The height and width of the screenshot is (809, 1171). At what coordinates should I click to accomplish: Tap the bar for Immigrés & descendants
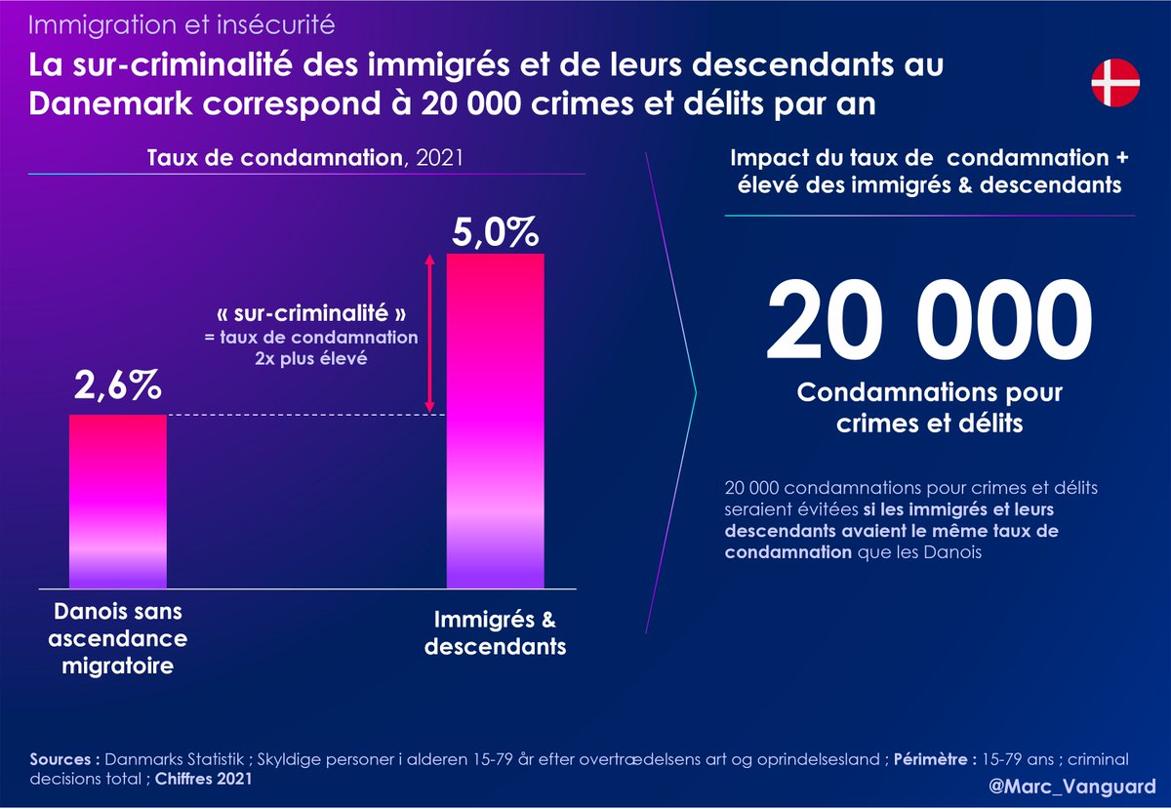pos(495,421)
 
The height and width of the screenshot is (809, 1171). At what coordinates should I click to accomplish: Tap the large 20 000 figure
pos(929,323)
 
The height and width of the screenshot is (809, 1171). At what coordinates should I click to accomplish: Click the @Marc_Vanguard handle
pos(1085,787)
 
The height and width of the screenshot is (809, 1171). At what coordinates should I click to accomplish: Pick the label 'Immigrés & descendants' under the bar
pos(496,633)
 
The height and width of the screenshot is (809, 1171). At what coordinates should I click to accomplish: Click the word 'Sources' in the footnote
pos(62,758)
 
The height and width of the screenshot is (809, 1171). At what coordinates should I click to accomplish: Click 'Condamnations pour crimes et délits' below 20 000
pos(929,408)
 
